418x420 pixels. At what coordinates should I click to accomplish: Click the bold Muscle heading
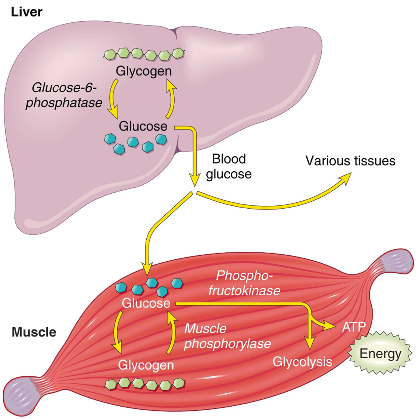pyautogui.click(x=34, y=332)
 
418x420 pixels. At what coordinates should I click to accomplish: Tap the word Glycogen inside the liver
pyautogui.click(x=144, y=71)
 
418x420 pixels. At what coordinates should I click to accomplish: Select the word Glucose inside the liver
pyautogui.click(x=143, y=126)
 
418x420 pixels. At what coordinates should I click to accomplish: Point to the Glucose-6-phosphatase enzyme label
pyautogui.click(x=64, y=95)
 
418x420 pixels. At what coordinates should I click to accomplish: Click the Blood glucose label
pyautogui.click(x=229, y=167)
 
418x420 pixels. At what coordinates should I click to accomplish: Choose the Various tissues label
pyautogui.click(x=350, y=161)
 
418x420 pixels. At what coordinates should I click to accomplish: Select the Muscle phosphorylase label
pyautogui.click(x=227, y=336)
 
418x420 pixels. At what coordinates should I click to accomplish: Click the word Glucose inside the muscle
pyautogui.click(x=146, y=303)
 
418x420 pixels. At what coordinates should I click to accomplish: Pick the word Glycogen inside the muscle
pyautogui.click(x=146, y=365)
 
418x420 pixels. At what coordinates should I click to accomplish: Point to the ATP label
pyautogui.click(x=353, y=327)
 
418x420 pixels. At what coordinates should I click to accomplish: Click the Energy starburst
pyautogui.click(x=380, y=353)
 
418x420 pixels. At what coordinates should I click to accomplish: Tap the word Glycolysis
pyautogui.click(x=302, y=361)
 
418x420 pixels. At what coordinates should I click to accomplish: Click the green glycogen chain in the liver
pyautogui.click(x=144, y=54)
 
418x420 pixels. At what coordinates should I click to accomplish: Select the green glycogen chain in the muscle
pyautogui.click(x=145, y=384)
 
